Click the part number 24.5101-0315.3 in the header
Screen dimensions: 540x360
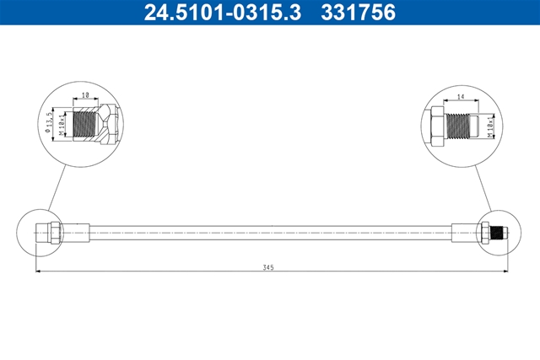223,13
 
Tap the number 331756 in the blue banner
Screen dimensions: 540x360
358,13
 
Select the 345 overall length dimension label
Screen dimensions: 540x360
268,267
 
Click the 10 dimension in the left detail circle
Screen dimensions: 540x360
85,94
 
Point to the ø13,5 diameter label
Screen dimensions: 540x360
49,121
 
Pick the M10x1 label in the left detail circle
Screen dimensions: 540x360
62,123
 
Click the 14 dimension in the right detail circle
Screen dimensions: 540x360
461,97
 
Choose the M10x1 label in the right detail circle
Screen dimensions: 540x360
491,126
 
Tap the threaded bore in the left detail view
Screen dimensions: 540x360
86,124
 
